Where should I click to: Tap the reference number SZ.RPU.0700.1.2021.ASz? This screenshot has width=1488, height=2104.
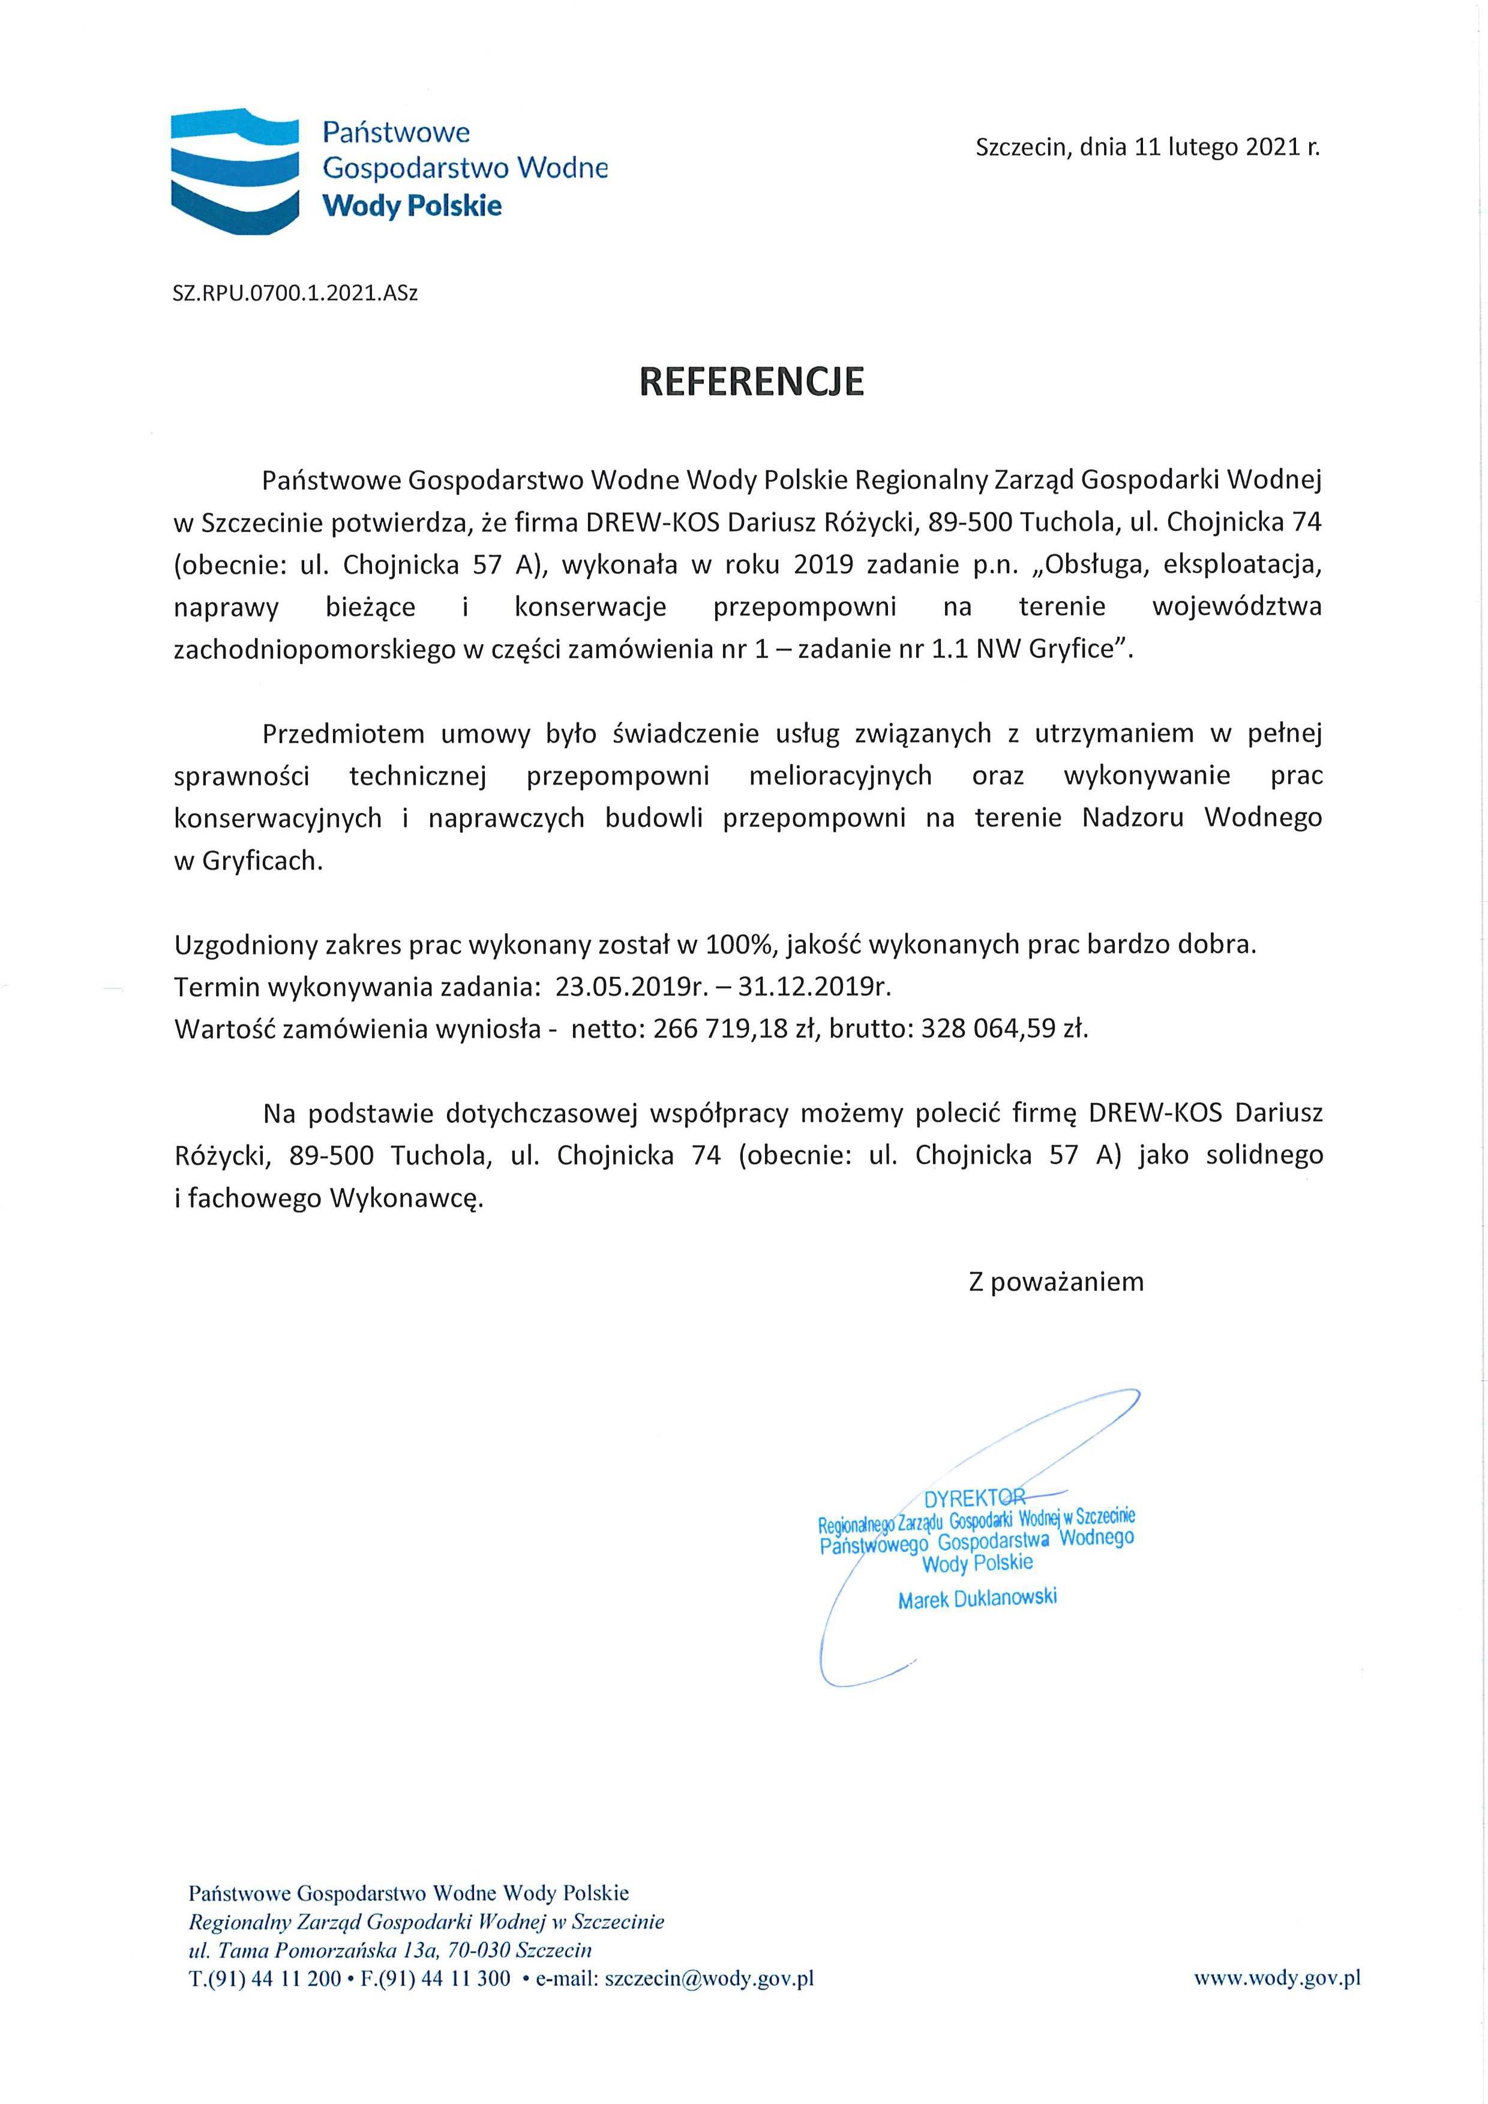coord(295,293)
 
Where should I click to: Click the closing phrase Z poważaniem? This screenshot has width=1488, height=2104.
coord(1056,1281)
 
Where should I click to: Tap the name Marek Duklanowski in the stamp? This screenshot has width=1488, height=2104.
coord(977,1599)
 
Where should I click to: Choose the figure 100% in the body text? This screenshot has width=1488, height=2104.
coord(730,944)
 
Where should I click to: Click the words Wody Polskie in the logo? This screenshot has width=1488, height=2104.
coord(413,205)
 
